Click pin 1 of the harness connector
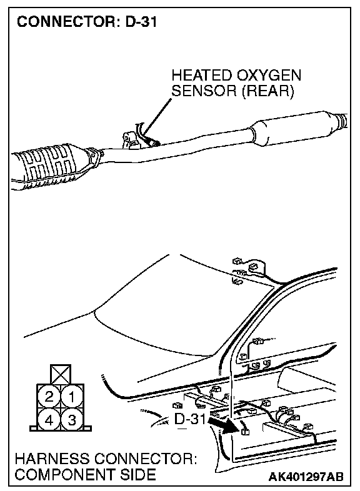pos(72,397)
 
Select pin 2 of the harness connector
pos(49,397)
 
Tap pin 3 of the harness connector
pos(72,420)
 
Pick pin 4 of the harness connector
pos(49,420)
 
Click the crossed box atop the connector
pos(61,374)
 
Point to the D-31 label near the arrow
pos(190,419)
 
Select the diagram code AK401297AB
pos(306,477)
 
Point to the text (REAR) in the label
pos(268,91)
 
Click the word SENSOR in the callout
pos(204,91)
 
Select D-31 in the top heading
pos(141,22)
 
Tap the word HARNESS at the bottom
pos(52,459)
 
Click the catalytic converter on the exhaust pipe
pos(53,166)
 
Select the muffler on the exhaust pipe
pos(294,129)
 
